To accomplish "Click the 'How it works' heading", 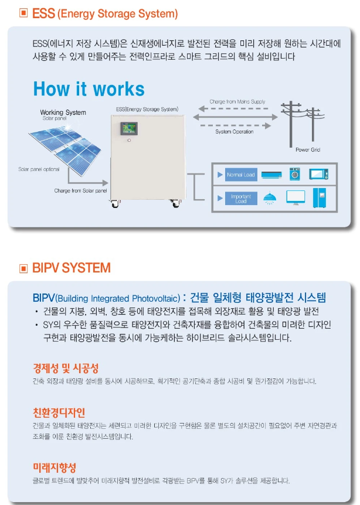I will tap(89, 89).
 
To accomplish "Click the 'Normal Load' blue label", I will tap(241, 175).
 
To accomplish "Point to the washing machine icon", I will tap(294, 175).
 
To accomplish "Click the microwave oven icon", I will tap(318, 174).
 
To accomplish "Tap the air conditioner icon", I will tap(271, 175).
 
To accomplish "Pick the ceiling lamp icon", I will tap(270, 198).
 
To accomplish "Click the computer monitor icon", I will tap(296, 197).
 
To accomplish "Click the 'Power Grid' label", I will tap(308, 151).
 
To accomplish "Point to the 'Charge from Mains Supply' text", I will tap(237, 102).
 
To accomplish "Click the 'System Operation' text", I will tap(235, 132).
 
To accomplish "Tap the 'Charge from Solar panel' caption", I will tap(80, 191).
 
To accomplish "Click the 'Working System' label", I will tap(63, 112).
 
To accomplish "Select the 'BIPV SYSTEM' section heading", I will tap(71, 268).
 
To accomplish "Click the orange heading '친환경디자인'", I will tap(59, 412).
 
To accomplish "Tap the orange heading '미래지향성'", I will tap(55, 468).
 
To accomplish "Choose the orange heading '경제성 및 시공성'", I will tap(66, 368).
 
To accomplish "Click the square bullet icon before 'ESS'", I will tap(23, 12).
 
